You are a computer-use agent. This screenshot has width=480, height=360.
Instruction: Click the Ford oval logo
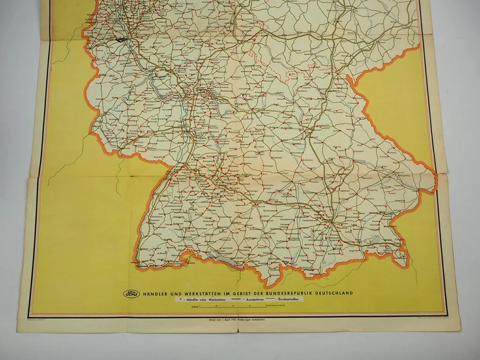(x=131, y=294)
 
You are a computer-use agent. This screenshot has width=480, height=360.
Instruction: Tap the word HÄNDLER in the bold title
(x=157, y=293)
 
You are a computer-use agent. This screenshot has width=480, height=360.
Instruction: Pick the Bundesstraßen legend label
(x=291, y=300)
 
